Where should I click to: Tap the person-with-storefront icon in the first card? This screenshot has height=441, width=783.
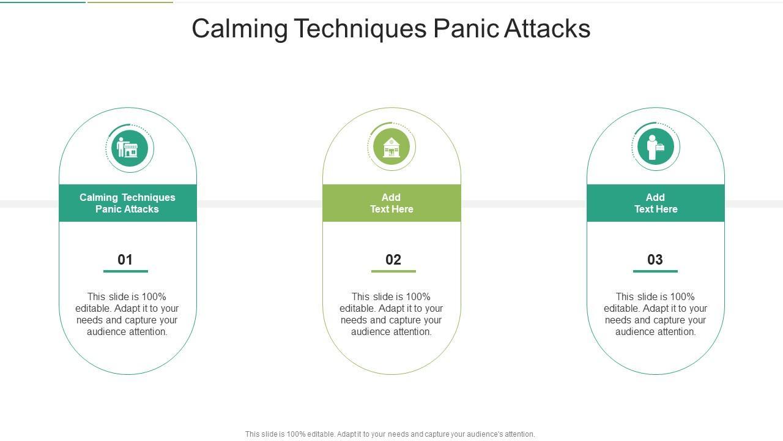coord(129,148)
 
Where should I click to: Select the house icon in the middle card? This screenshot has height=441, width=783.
coord(391,147)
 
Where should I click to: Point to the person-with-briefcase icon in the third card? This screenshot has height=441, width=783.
coord(655,147)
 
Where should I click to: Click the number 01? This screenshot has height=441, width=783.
coord(125,260)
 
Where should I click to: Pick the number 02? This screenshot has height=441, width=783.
coord(393,260)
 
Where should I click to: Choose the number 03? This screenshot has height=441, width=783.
coord(655,260)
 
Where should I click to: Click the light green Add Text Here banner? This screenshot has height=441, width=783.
coord(391,203)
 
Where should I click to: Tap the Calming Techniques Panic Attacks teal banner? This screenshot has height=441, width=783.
coord(127,203)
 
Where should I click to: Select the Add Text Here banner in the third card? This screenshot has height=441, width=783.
coord(656,203)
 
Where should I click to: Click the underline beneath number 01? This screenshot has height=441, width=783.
coord(125,271)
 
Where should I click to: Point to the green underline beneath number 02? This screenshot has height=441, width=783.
coord(393,271)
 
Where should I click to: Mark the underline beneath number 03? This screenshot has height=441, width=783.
coord(655,271)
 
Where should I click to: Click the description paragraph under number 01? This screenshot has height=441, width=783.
coord(127,314)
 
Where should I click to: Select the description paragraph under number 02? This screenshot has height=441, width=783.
coord(391,314)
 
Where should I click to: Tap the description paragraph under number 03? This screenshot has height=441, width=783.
coord(656,314)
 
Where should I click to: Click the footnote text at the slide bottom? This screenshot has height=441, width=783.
coord(390,434)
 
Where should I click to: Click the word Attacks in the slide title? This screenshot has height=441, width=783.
coord(547,29)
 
